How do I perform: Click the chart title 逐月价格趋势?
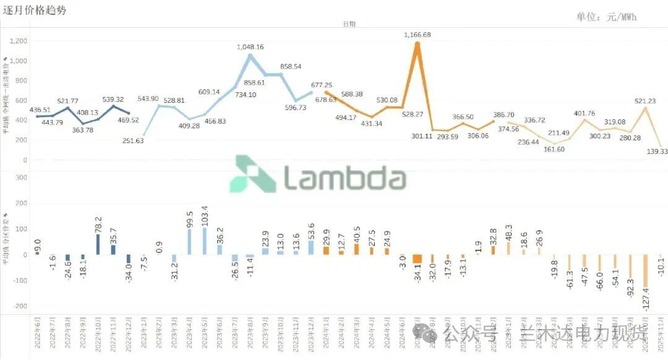click(x=35, y=11)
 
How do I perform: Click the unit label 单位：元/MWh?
click(x=606, y=17)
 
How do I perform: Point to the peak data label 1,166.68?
click(x=417, y=35)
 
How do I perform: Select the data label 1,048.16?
click(x=250, y=47)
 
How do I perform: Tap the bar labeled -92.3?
click(x=630, y=267)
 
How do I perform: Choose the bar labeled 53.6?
click(x=311, y=248)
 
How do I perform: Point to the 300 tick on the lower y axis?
click(x=22, y=178)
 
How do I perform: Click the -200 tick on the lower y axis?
click(x=20, y=306)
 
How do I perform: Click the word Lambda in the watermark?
click(x=345, y=178)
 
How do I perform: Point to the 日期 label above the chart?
click(x=349, y=24)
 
